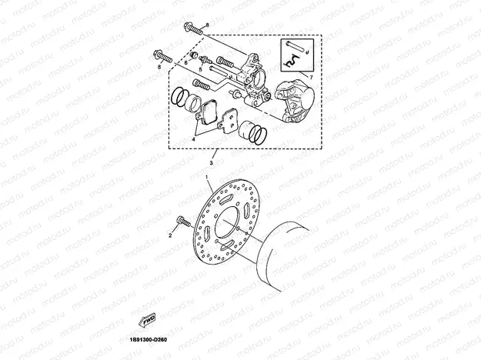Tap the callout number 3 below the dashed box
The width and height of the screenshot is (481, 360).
coord(212,163)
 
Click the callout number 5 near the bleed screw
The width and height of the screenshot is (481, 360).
coord(200,69)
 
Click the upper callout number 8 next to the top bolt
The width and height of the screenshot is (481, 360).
coord(206,26)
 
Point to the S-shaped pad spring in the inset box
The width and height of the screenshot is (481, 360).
coord(297,60)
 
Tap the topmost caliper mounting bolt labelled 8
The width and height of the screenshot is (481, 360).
coord(192,30)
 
